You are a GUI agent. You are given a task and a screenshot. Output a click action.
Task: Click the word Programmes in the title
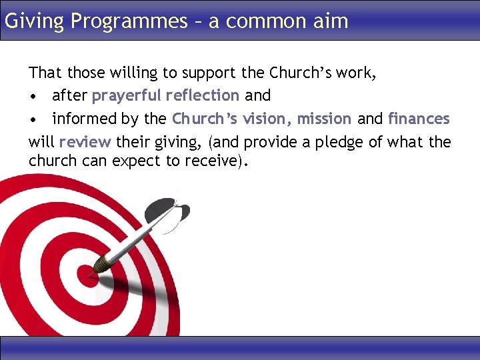tap(129, 21)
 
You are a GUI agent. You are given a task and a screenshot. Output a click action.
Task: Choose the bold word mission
tap(324, 119)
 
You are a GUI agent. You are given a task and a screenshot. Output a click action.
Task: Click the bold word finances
tap(419, 119)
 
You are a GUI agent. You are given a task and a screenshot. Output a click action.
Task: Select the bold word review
tap(85, 142)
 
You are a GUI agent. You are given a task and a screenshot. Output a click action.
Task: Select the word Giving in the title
tap(34, 21)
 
